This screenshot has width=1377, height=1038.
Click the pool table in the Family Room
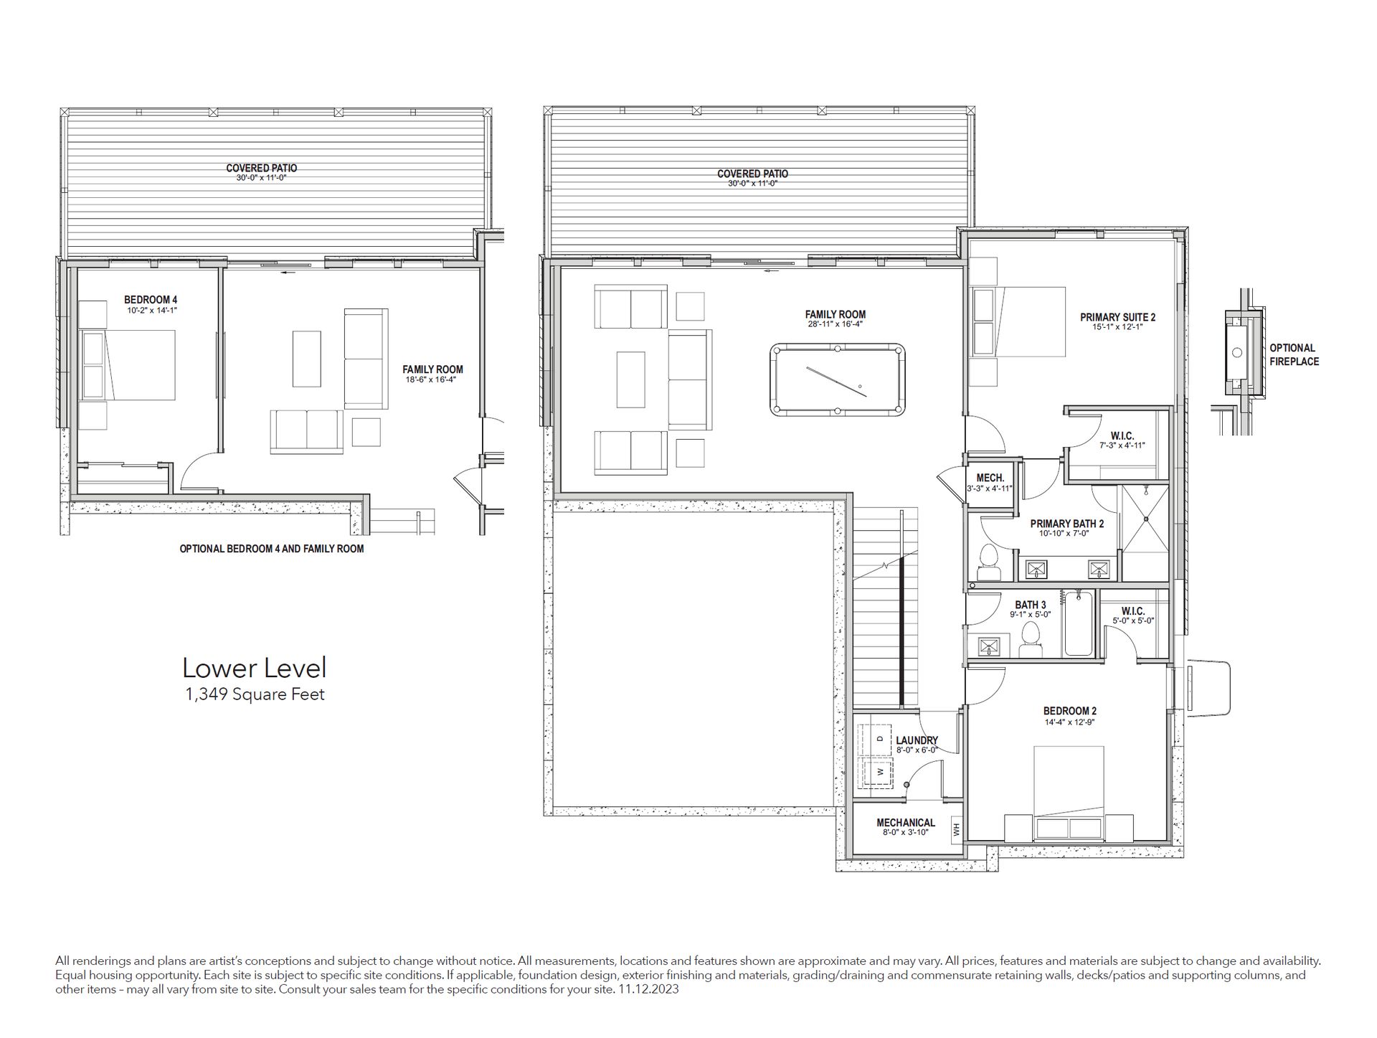coord(838,379)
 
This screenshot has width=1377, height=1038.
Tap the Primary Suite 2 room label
coord(1117,317)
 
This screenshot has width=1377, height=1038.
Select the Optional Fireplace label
coord(1294,354)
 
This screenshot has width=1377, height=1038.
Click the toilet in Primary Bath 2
coord(989,563)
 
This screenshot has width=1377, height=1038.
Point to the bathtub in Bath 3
coord(1078,623)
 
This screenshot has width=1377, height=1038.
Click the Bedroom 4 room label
coord(151,300)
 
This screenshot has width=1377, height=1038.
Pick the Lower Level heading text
coord(255,668)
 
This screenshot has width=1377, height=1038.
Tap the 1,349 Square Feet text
coord(255,694)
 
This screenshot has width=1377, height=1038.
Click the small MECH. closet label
coord(990,478)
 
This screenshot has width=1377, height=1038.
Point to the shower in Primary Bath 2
coord(1145,532)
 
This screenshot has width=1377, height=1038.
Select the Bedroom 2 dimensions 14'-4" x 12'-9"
coord(1069,722)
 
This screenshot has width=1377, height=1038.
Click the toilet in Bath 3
coord(1031,641)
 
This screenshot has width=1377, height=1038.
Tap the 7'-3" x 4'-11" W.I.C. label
coord(1122,445)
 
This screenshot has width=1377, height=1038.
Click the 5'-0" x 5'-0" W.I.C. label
coord(1133,621)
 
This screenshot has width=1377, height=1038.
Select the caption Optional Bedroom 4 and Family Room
coord(272,549)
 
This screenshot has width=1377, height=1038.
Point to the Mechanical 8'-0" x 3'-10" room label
coord(906,827)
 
